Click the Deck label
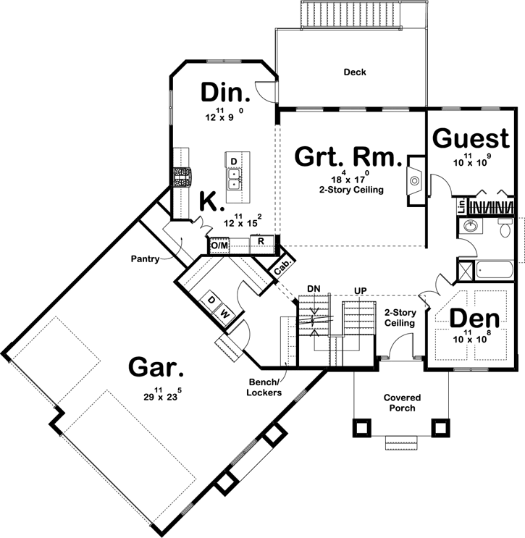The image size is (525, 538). point(355,72)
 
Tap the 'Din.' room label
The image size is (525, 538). point(225,93)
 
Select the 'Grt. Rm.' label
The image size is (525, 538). point(348,157)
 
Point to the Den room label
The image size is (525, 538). point(474,319)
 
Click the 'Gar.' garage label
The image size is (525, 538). point(155,367)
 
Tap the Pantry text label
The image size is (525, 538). point(146,258)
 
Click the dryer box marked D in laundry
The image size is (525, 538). point(211,300)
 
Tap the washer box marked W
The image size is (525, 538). point(224,314)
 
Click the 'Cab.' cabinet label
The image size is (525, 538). point(284,266)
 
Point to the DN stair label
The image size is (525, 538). point(314,288)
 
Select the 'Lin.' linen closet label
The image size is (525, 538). point(461,206)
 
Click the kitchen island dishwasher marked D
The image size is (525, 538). point(234,160)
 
